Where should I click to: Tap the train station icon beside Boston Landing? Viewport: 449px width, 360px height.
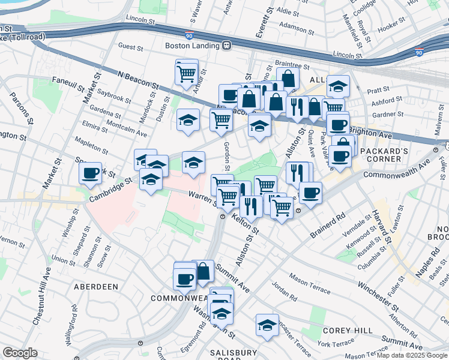click(227, 46)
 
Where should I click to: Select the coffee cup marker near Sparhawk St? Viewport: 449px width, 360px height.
click(90, 174)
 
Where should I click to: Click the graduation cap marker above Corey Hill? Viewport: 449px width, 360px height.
click(267, 325)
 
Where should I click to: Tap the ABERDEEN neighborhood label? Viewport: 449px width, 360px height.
click(95, 287)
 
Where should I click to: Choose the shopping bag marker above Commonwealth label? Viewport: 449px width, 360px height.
click(203, 271)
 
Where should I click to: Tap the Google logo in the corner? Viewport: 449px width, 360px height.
click(20, 353)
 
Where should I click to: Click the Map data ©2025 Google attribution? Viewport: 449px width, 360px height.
click(412, 355)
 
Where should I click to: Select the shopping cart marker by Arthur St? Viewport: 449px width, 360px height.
click(187, 73)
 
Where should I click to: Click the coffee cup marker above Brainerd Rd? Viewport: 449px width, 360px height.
click(310, 193)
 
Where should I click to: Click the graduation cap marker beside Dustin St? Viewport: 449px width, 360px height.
click(188, 120)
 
